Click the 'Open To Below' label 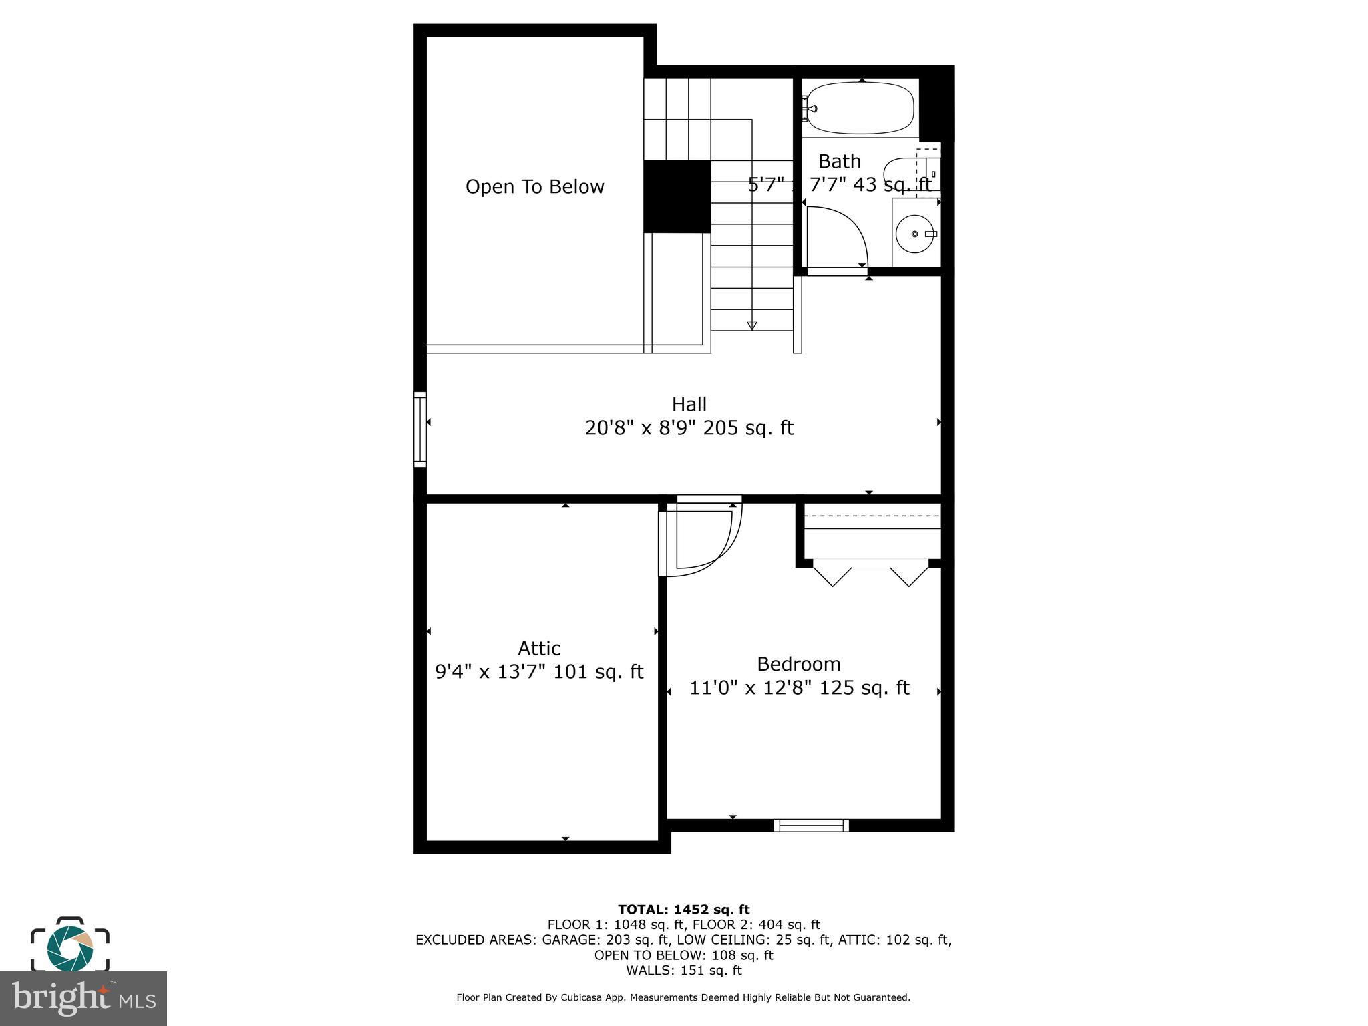[x=534, y=187]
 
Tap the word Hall [x=689, y=405]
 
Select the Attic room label [x=539, y=649]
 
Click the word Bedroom [x=798, y=664]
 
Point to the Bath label [x=839, y=162]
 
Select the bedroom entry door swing [x=705, y=538]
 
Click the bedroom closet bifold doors [x=871, y=574]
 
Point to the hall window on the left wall [x=420, y=429]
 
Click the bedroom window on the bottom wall [x=811, y=825]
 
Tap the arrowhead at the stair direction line [x=752, y=325]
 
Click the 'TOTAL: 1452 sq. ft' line [x=683, y=910]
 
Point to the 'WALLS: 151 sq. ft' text [x=683, y=970]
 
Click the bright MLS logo [x=83, y=998]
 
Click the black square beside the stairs [x=677, y=196]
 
